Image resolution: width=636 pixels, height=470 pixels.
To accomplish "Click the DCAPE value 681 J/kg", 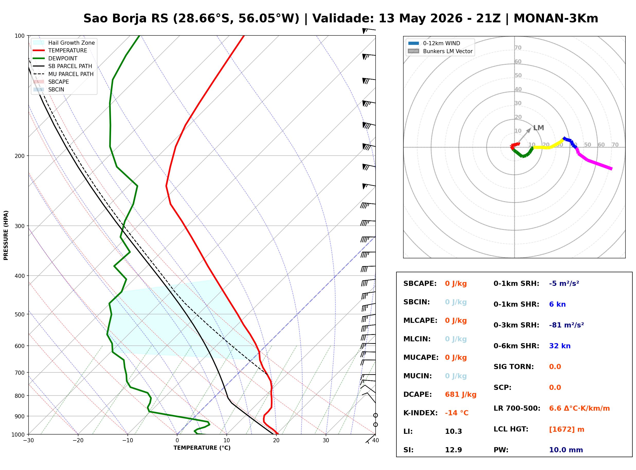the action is pyautogui.click(x=461, y=394).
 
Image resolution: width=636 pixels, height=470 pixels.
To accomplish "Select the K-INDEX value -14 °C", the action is pyautogui.click(x=457, y=413).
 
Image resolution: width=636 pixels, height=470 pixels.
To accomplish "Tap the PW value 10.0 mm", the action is pyautogui.click(x=566, y=450).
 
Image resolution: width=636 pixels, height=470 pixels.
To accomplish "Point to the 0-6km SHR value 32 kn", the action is pyautogui.click(x=560, y=346).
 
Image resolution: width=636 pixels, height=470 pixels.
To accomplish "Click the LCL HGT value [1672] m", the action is pyautogui.click(x=567, y=429).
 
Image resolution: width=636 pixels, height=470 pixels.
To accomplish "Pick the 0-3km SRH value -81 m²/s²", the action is pyautogui.click(x=567, y=325).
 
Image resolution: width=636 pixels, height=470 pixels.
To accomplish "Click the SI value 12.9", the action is pyautogui.click(x=453, y=450).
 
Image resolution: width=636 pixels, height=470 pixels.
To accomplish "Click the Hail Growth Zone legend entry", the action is pyautogui.click(x=64, y=43).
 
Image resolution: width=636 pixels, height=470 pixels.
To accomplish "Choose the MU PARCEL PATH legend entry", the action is pyautogui.click(x=63, y=74).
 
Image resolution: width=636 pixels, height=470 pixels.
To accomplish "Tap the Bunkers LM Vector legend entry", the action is pyautogui.click(x=440, y=51).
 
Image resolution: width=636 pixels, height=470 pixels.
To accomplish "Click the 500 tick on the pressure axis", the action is pyautogui.click(x=20, y=314).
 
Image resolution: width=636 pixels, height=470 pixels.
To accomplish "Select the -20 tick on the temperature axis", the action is pyautogui.click(x=78, y=440).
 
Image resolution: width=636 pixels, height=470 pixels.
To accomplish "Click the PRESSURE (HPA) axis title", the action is pyautogui.click(x=6, y=235).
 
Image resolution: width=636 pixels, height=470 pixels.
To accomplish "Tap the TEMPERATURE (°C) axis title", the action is pyautogui.click(x=202, y=448).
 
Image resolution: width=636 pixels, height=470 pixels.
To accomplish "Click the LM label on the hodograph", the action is pyautogui.click(x=539, y=128).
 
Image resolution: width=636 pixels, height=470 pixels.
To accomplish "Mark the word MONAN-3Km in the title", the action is pyautogui.click(x=556, y=18).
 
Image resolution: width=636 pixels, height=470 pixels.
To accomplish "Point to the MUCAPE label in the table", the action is pyautogui.click(x=421, y=358).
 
